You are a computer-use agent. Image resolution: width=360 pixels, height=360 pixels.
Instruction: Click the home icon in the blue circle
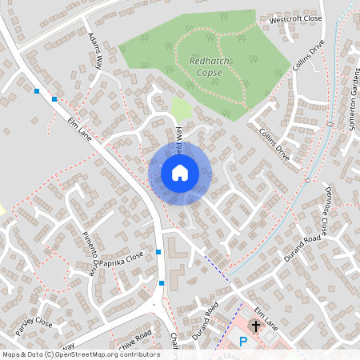point(180,173)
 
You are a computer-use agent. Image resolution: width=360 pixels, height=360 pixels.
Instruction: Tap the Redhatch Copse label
point(207,66)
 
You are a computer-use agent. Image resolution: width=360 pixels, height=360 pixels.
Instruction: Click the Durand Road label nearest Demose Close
point(302,250)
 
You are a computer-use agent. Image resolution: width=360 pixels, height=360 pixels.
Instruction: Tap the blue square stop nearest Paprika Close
point(159,252)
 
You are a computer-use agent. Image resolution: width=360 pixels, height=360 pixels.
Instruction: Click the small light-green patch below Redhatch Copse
point(182,110)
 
